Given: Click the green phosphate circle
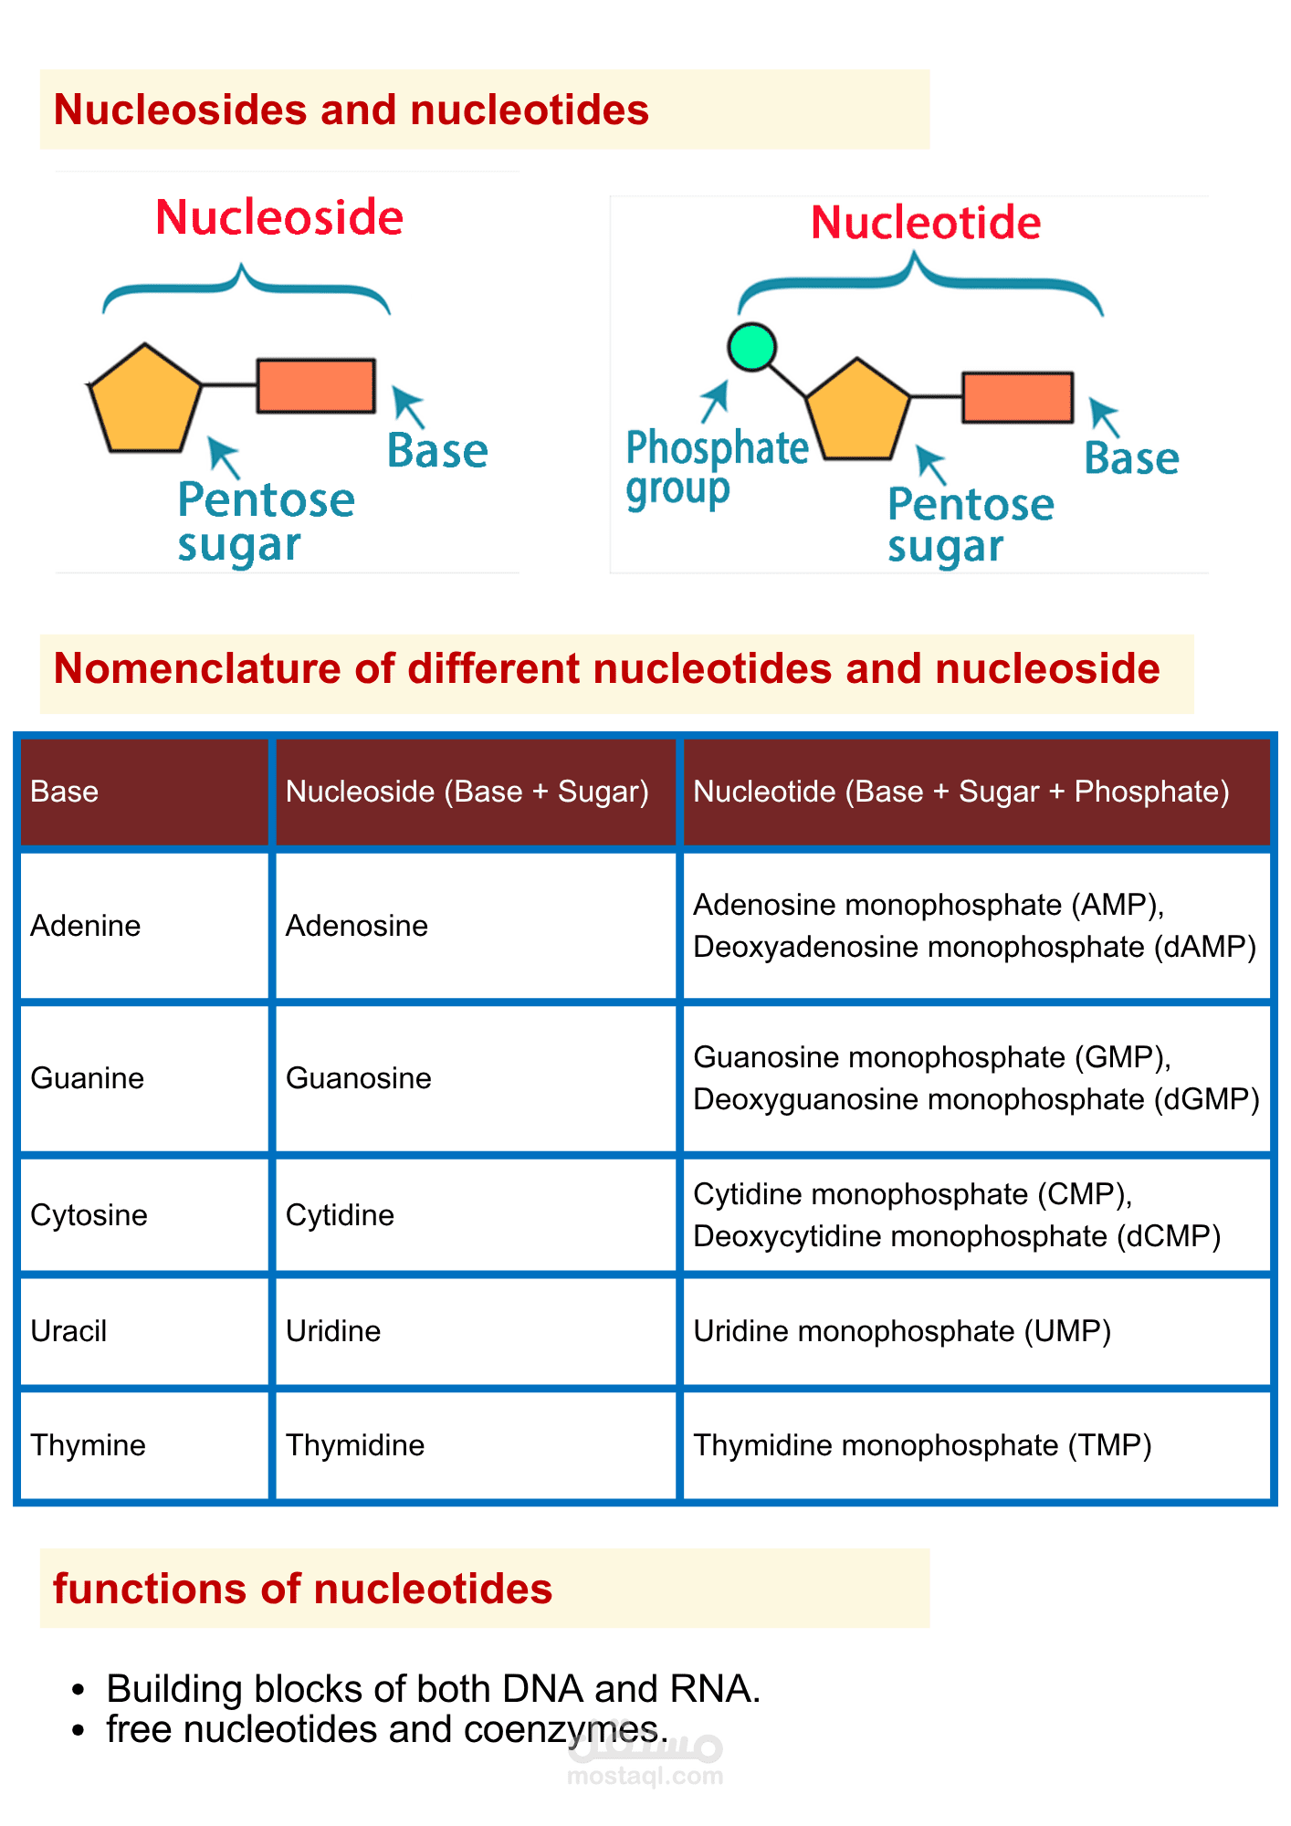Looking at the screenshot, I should [751, 347].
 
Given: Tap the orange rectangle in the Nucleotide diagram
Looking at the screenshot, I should [1017, 397].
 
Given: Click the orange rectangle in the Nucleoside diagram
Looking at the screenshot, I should [316, 385].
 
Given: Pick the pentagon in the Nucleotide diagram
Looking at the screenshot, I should [858, 412].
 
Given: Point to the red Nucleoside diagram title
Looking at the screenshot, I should [279, 218].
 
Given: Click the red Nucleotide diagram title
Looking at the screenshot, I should [926, 223].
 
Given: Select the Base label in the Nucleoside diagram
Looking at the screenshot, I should [437, 451].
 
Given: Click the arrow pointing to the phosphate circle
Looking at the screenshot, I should [716, 401].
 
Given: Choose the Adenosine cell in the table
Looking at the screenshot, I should [357, 926].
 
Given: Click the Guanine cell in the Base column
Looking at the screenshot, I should [88, 1078].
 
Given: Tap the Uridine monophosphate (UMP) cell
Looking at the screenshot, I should [902, 1331].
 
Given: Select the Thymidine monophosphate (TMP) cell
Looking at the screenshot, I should [922, 1445].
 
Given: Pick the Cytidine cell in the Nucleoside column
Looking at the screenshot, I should [340, 1215].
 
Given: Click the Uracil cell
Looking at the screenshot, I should [68, 1331].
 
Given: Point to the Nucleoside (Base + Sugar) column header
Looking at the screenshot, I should [467, 792].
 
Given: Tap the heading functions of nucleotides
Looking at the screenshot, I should [302, 1589].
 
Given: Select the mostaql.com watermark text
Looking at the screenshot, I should [645, 1776].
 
